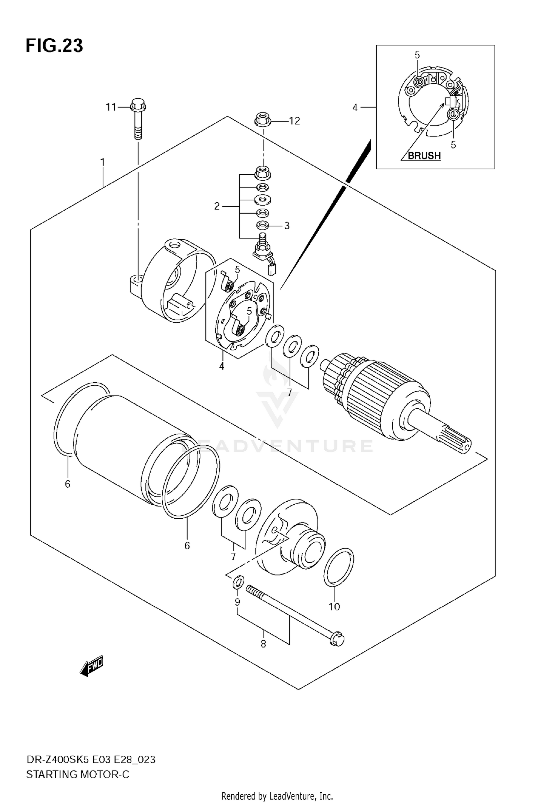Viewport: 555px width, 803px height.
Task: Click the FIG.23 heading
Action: [x=54, y=46]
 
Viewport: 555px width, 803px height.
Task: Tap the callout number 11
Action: [x=111, y=107]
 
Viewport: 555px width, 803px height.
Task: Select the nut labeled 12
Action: [x=262, y=120]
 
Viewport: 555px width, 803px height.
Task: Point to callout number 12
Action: [x=295, y=121]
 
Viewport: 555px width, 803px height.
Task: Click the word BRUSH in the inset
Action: [x=424, y=156]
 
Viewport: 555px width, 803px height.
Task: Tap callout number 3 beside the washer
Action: [x=287, y=226]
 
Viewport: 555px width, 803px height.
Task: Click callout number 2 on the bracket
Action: [x=217, y=206]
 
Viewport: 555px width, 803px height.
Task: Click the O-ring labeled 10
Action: [x=339, y=567]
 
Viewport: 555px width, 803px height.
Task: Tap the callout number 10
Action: [x=334, y=607]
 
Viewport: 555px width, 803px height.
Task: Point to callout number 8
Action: [x=263, y=644]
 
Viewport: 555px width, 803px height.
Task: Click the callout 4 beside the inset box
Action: [x=355, y=108]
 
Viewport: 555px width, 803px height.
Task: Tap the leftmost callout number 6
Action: [x=67, y=484]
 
